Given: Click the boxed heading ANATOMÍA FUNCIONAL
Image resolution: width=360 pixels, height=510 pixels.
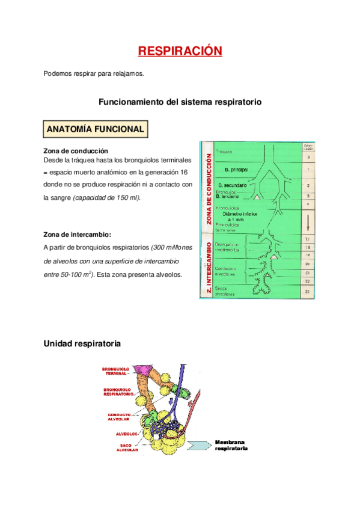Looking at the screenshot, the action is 95,129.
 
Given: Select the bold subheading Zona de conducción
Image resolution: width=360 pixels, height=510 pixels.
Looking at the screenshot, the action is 76,150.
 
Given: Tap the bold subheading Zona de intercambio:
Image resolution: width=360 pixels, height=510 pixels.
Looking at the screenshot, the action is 78,235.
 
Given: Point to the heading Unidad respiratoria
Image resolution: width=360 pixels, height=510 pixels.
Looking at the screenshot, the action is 82,343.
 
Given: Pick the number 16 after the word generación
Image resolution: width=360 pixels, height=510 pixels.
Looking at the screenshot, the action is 183,173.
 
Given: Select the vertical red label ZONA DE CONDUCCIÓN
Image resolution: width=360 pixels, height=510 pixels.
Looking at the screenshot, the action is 208,189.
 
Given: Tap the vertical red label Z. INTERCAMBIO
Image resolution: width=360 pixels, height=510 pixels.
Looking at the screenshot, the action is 208,269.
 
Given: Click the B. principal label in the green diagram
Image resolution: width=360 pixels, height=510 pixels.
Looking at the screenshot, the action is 231,170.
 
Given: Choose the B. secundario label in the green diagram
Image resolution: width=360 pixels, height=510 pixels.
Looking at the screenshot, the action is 233,185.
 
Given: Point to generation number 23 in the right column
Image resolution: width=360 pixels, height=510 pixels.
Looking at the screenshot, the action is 307,291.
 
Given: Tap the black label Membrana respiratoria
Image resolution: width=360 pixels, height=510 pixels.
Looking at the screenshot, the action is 230,445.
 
